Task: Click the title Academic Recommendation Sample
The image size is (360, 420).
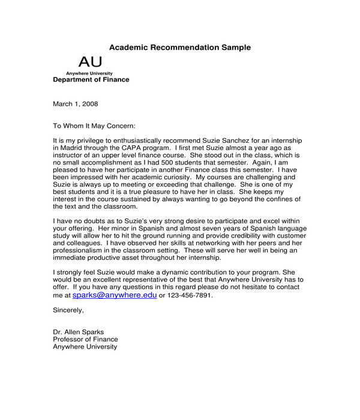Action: click(180, 47)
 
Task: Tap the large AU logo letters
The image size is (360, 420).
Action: click(90, 62)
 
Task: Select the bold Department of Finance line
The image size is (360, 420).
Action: click(91, 80)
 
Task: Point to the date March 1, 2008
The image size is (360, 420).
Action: click(75, 104)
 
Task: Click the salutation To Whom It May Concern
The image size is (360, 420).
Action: click(94, 126)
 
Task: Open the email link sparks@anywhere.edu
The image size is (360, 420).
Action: click(115, 295)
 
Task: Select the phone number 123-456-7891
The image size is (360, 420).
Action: click(190, 296)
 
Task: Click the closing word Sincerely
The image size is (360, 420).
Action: click(68, 310)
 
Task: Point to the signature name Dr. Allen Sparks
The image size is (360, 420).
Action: click(79, 332)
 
